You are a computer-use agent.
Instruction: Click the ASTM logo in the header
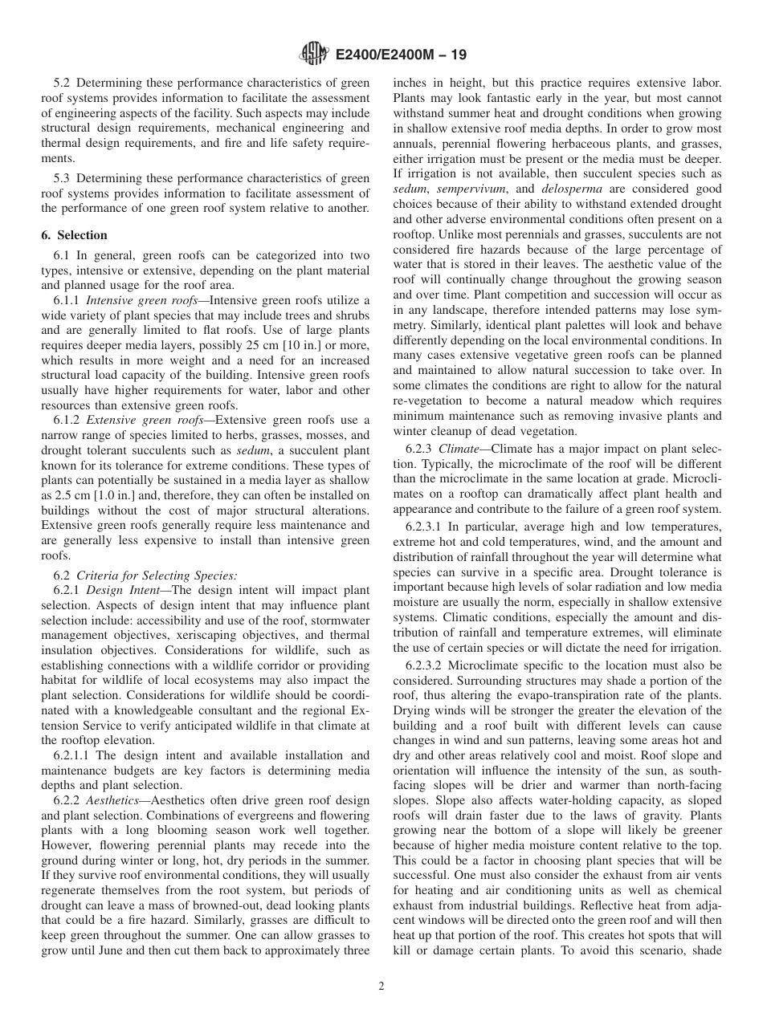pyautogui.click(x=312, y=54)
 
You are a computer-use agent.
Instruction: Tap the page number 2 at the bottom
pyautogui.click(x=381, y=986)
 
